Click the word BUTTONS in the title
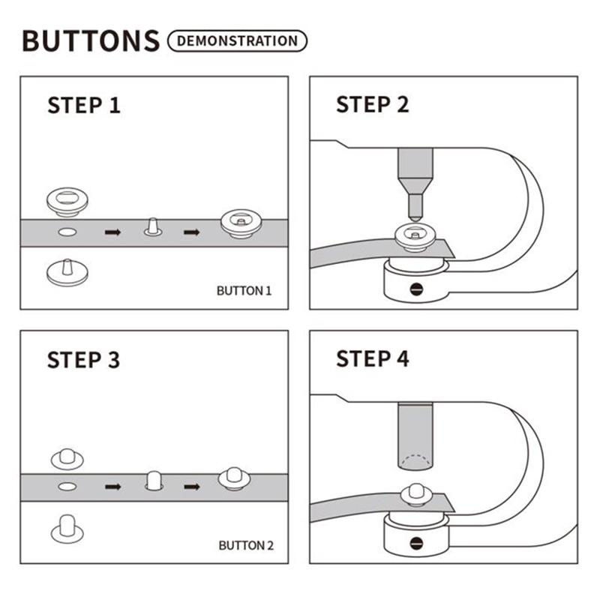(x=90, y=40)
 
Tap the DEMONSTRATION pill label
(x=238, y=40)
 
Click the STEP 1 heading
(x=83, y=105)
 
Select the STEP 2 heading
(x=373, y=105)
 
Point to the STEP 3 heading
(x=83, y=360)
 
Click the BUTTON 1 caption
(x=244, y=290)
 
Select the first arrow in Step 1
(x=112, y=232)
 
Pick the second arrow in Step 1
(x=192, y=232)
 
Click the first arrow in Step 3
(x=112, y=487)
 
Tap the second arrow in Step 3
(x=192, y=487)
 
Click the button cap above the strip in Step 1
(x=67, y=199)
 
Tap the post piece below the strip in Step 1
(x=67, y=272)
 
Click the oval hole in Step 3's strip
(x=67, y=487)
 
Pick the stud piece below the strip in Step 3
(x=67, y=527)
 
